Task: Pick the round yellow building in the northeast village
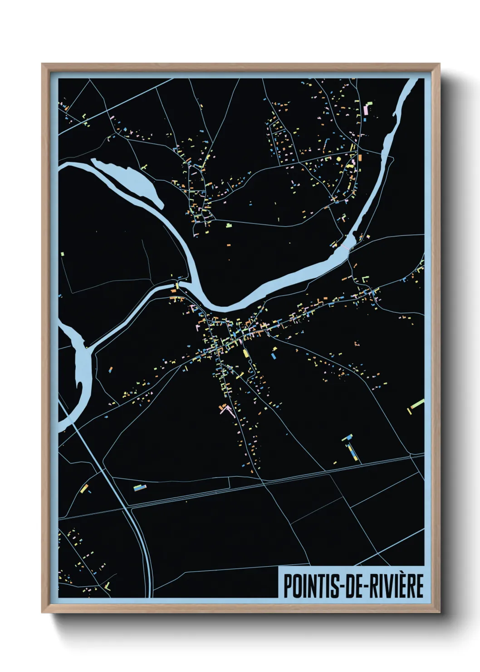click(x=338, y=159)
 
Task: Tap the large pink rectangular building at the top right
click(x=366, y=110)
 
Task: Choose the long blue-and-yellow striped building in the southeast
click(x=352, y=452)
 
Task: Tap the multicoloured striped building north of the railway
click(x=140, y=488)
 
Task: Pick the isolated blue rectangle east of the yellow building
click(x=273, y=356)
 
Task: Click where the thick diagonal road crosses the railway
click(x=128, y=505)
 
